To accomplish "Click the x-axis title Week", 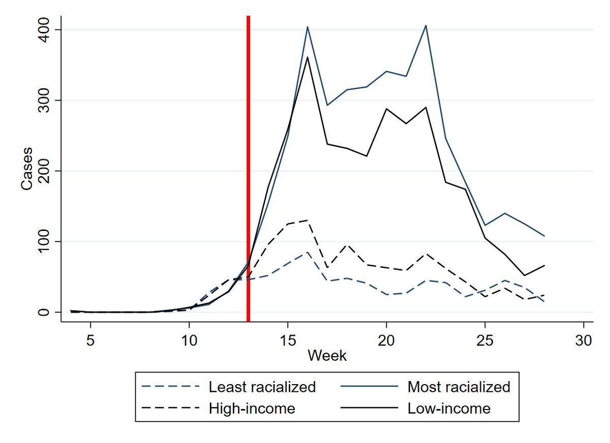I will point(327,356).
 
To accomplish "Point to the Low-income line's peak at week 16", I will point(308,57).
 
